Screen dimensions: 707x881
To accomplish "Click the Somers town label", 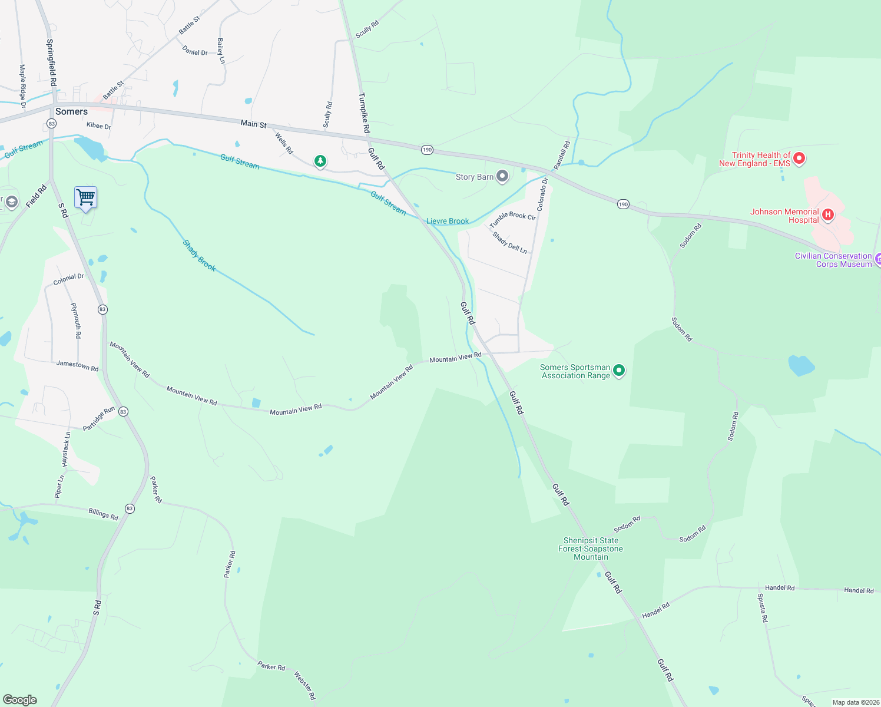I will pyautogui.click(x=71, y=111).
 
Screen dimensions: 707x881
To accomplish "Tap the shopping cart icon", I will pyautogui.click(x=85, y=197).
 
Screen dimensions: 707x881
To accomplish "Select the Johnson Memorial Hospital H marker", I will pyautogui.click(x=827, y=214).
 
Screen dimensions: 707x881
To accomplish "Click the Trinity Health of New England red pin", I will pyautogui.click(x=799, y=158).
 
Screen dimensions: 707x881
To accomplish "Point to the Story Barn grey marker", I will pyautogui.click(x=502, y=176).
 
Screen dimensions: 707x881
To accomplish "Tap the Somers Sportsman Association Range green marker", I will pyautogui.click(x=618, y=371).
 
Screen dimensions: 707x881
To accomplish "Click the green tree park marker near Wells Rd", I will pyautogui.click(x=320, y=161).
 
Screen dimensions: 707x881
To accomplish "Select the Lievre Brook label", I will pyautogui.click(x=448, y=221).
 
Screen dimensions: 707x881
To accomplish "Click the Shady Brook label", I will pyautogui.click(x=199, y=255).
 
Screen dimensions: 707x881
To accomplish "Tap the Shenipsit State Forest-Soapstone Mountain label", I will pyautogui.click(x=591, y=549).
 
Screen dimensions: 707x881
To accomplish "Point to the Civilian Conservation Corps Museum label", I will pyautogui.click(x=833, y=260).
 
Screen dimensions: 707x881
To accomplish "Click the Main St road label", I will pyautogui.click(x=253, y=124).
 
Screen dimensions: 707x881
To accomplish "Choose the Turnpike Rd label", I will pyautogui.click(x=364, y=112).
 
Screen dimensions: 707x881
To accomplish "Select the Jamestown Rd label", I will pyautogui.click(x=77, y=365).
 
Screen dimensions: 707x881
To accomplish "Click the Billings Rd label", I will pyautogui.click(x=103, y=514).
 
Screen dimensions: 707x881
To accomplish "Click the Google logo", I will pyautogui.click(x=20, y=699).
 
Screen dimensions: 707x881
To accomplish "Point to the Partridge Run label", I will pyautogui.click(x=99, y=418).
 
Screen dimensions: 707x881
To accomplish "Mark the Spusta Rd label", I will pyautogui.click(x=762, y=607).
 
